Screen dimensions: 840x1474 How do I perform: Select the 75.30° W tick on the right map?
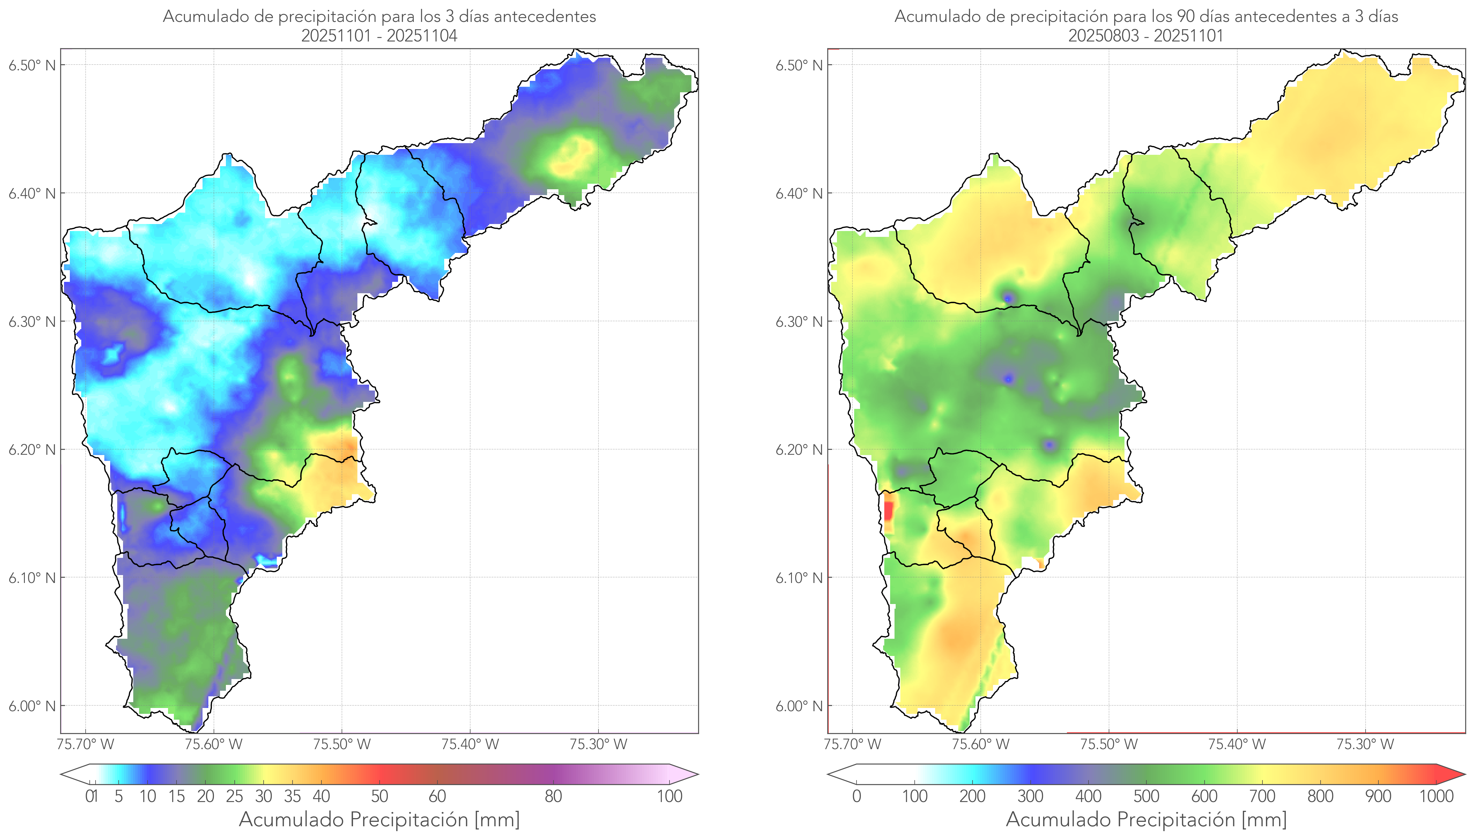[1365, 744]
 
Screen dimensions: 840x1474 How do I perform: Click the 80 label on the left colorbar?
[553, 796]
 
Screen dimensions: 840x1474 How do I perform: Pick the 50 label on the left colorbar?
[379, 796]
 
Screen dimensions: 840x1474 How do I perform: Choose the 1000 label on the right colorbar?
[1436, 796]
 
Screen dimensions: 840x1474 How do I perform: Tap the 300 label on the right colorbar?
[1030, 796]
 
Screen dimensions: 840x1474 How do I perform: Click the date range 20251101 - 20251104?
[379, 36]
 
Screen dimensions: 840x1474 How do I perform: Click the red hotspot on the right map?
[888, 511]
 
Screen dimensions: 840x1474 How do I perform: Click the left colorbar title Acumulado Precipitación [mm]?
[379, 819]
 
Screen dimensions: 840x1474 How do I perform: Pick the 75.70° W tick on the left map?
[85, 744]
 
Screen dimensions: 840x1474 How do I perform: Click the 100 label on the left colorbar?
[669, 796]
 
